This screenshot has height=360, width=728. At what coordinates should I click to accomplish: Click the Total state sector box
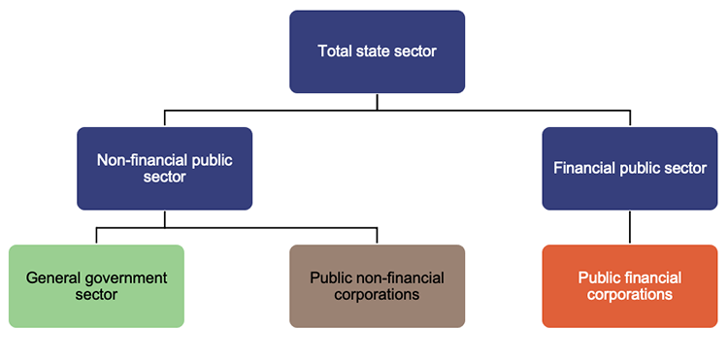tap(377, 51)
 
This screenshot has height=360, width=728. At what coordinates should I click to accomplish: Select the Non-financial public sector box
tap(164, 169)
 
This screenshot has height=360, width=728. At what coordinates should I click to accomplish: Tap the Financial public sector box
tap(629, 169)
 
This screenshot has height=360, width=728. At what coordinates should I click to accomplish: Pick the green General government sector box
tap(96, 285)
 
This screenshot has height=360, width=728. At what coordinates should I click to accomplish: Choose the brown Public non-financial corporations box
tap(377, 285)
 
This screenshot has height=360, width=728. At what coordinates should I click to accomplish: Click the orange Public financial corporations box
tap(629, 285)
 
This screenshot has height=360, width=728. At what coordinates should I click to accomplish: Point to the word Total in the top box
tap(335, 51)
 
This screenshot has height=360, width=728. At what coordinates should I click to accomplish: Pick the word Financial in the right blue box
tap(583, 169)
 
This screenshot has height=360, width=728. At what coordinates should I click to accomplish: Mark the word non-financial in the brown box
tap(402, 278)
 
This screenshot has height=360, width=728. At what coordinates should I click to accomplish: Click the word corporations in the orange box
tap(629, 294)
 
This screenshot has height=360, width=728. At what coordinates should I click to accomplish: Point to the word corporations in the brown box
tap(377, 294)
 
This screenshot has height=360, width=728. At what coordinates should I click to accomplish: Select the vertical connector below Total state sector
tap(377, 102)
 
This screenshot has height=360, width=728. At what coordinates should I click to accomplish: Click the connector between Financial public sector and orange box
tap(629, 227)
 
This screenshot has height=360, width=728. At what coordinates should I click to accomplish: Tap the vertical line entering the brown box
tap(377, 237)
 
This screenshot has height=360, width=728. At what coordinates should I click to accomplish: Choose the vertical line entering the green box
tap(96, 237)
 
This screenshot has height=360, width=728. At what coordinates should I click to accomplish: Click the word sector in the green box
tap(96, 294)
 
